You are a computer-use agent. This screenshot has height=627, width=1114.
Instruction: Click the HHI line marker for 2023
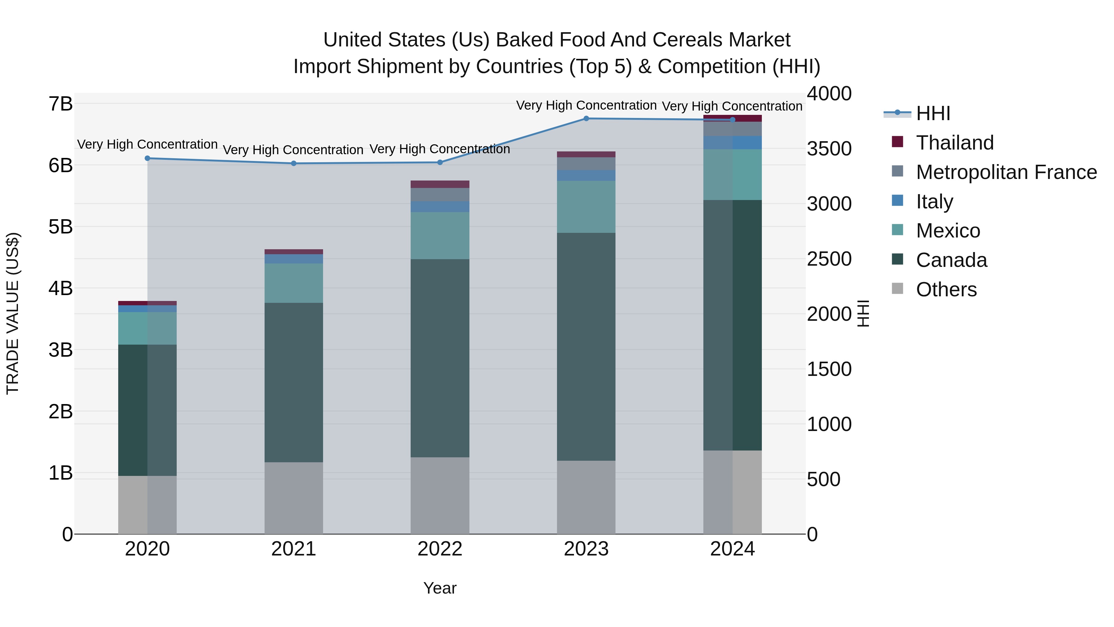(x=586, y=119)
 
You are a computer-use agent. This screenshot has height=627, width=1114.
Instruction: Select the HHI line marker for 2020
(x=148, y=158)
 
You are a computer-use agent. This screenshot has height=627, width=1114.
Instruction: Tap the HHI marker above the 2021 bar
(x=294, y=163)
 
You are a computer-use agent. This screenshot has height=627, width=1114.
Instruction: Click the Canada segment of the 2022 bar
(x=440, y=358)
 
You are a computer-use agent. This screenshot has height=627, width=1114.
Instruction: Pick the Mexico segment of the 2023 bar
(x=586, y=207)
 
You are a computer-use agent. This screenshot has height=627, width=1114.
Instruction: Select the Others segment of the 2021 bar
(x=294, y=498)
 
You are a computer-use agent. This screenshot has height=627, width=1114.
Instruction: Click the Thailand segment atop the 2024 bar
(x=732, y=118)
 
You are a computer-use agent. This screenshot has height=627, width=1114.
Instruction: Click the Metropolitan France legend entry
(x=1006, y=172)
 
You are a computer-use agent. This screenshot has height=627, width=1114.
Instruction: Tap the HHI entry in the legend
(x=932, y=113)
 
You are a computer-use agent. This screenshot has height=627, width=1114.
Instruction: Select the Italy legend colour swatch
(x=897, y=201)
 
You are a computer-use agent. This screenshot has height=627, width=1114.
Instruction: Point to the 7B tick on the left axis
(x=61, y=104)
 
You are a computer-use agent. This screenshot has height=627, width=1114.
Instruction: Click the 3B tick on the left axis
(x=61, y=350)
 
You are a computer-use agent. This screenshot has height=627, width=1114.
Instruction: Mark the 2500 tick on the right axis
(x=829, y=259)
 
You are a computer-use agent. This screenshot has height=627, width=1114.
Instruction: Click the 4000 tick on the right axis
(x=829, y=94)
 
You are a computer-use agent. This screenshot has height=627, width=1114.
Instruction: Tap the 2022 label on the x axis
(x=440, y=549)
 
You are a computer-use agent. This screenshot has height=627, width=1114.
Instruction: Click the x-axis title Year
(x=440, y=588)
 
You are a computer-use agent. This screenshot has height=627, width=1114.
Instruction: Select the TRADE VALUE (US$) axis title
(x=13, y=313)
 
